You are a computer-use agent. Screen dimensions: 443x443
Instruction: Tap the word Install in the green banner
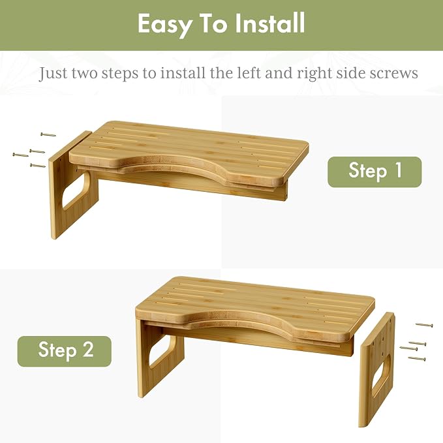point(270,23)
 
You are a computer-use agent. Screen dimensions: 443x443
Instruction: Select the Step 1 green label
point(374,172)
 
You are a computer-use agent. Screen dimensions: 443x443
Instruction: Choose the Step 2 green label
point(65,351)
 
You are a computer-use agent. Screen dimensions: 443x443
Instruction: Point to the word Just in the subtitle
point(53,74)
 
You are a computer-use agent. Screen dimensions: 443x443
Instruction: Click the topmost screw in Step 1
point(48,134)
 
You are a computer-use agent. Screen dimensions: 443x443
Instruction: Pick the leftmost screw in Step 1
point(20,155)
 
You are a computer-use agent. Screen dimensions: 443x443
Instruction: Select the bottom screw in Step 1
point(38,165)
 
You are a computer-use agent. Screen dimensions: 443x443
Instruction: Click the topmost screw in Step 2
point(424,325)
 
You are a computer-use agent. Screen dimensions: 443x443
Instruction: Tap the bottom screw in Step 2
point(417,359)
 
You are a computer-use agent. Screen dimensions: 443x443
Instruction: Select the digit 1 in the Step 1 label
point(399,170)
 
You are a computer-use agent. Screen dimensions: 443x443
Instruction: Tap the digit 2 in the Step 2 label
point(87,349)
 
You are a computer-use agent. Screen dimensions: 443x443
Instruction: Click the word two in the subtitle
point(85,74)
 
